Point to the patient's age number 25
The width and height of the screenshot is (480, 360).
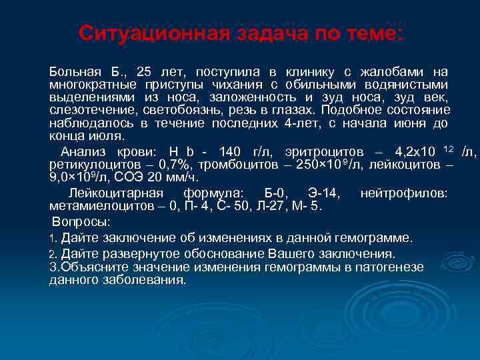coord(144,71)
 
